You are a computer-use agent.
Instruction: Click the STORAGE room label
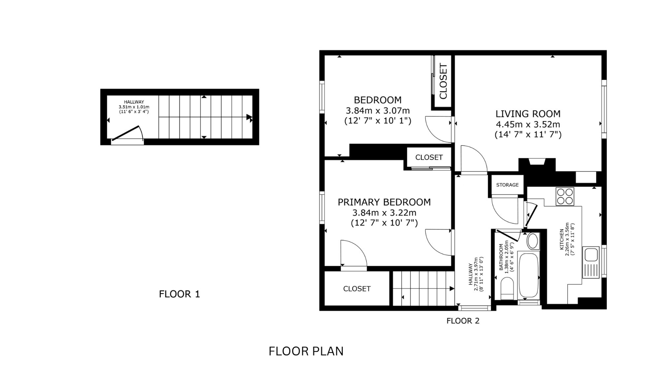tap(507, 185)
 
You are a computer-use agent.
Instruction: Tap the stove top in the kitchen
tap(565, 196)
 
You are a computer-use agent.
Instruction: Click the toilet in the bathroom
tap(507, 288)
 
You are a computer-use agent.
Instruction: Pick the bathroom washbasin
tap(533, 241)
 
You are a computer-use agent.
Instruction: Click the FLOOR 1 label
tap(180, 294)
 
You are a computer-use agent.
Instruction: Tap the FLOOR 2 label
tap(463, 321)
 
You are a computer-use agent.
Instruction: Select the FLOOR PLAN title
tap(306, 351)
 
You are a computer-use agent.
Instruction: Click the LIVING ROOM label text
tap(528, 114)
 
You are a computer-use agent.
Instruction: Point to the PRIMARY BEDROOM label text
tap(384, 202)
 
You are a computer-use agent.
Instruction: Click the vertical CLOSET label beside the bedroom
tap(443, 81)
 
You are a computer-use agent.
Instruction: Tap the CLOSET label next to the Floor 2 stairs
tap(357, 289)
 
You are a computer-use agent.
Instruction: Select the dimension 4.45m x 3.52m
tap(528, 124)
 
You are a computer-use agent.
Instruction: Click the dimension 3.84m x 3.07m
tap(378, 110)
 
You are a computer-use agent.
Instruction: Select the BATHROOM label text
tap(501, 257)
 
